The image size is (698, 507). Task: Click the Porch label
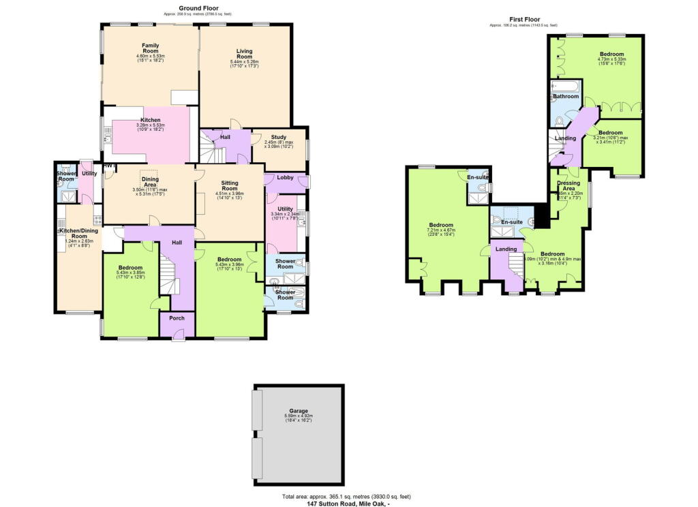[177, 318]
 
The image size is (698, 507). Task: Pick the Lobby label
[285, 177]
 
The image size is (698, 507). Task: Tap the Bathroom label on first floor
[566, 97]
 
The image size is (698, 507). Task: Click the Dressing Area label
[568, 185]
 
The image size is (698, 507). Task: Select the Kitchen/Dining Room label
[78, 232]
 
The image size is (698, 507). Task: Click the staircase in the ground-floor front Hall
[168, 273]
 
